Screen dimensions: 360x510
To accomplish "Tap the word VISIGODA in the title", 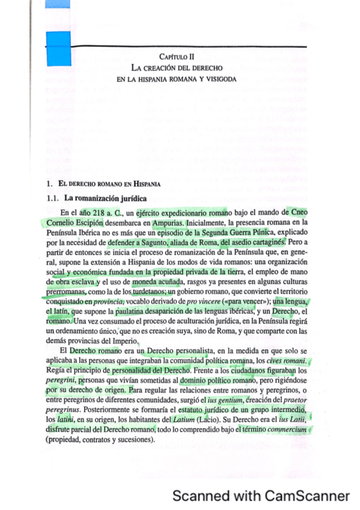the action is point(220,79).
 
